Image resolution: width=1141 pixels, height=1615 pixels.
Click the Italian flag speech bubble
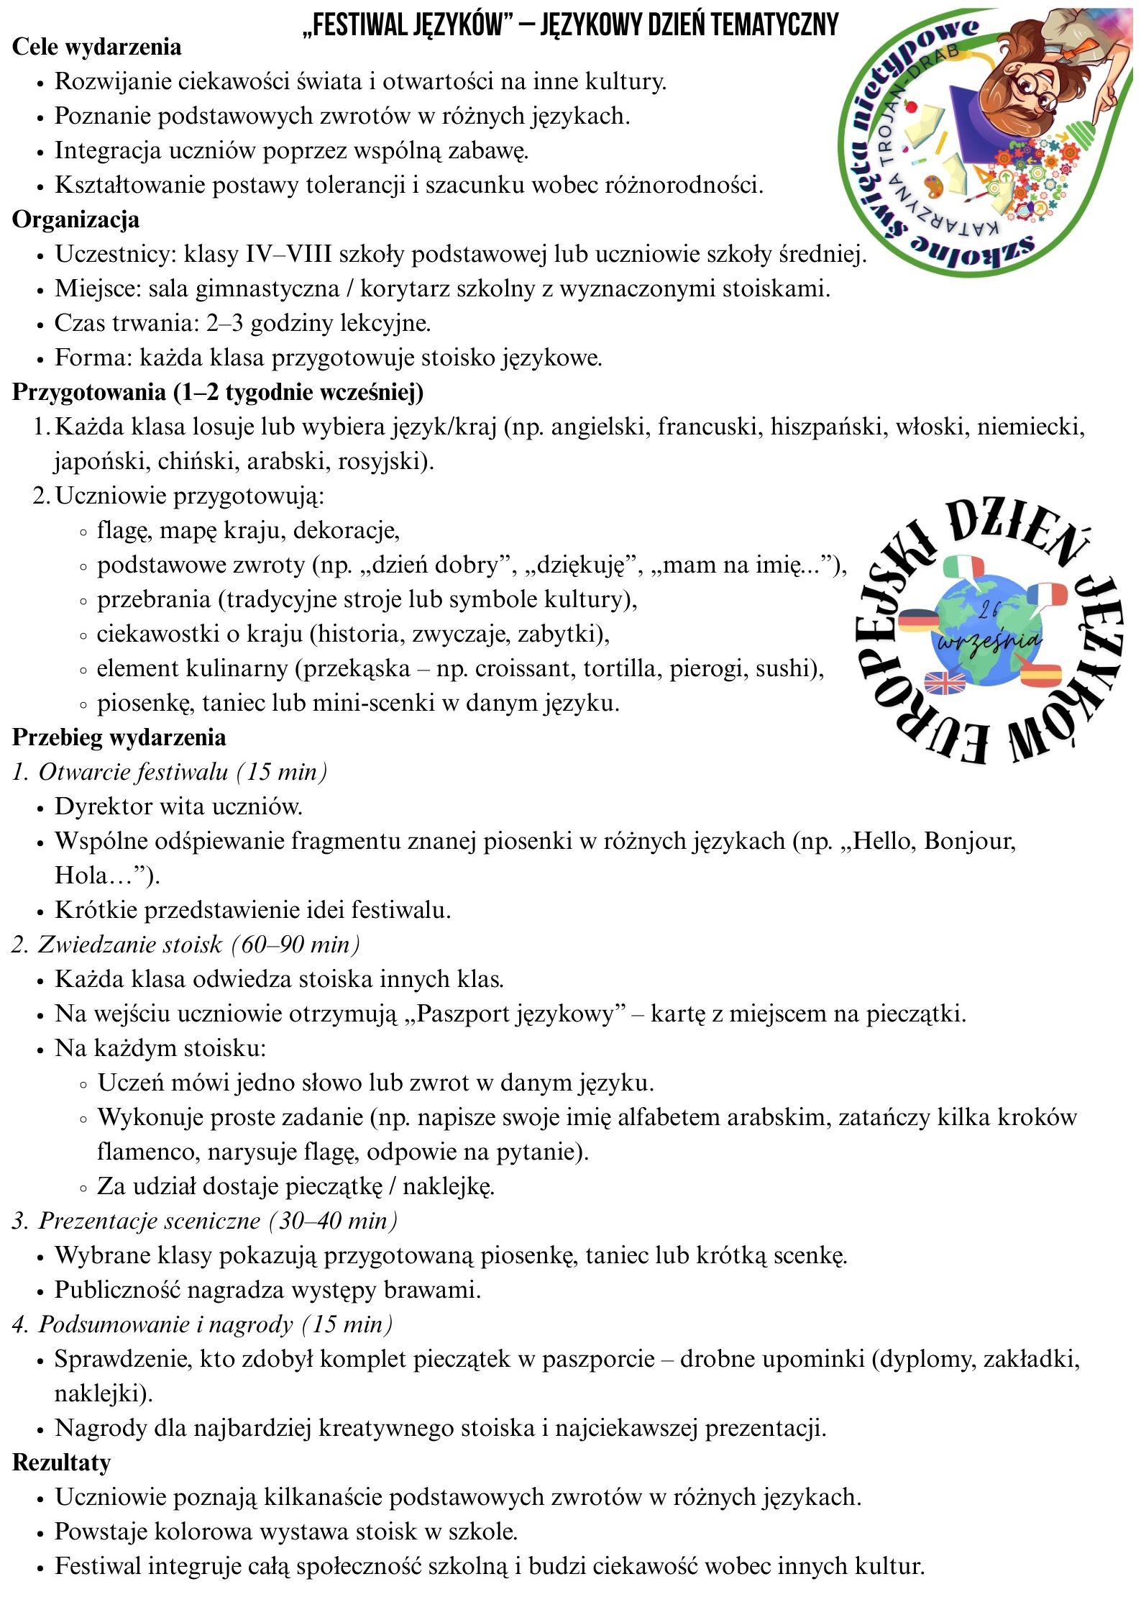tap(961, 568)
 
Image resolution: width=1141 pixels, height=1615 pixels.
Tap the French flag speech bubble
tap(1048, 595)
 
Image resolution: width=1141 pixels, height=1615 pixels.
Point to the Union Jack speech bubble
tap(945, 682)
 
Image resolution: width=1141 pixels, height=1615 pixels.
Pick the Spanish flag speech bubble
tap(1040, 675)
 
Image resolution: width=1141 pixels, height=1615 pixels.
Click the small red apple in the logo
tap(913, 106)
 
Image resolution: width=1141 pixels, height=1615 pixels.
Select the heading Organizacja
tap(75, 219)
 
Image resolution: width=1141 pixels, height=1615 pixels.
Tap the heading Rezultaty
tap(61, 1462)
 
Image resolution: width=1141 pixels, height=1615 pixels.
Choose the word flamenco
tap(148, 1152)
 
